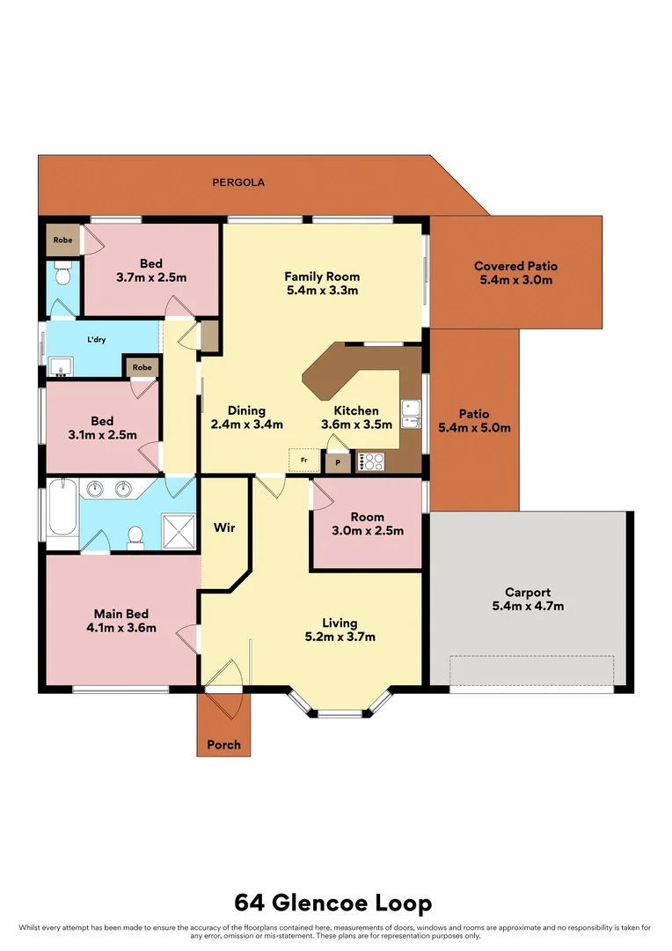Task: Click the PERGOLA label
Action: pos(238,183)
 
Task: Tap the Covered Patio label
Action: pos(515,266)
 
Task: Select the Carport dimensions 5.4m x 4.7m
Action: pos(528,606)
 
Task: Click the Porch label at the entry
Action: pos(223,745)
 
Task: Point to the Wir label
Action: pos(223,528)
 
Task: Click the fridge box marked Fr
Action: pos(303,460)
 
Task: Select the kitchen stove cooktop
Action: pos(369,460)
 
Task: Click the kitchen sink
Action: pos(410,412)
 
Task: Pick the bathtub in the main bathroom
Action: pos(62,508)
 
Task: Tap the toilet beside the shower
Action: pos(135,535)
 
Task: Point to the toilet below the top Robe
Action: pos(62,276)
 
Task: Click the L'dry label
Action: pos(97,339)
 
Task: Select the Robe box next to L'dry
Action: pos(142,367)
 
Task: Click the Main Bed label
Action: pos(121,614)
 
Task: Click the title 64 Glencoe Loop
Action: pos(333,903)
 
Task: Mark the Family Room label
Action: pos(322,276)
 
